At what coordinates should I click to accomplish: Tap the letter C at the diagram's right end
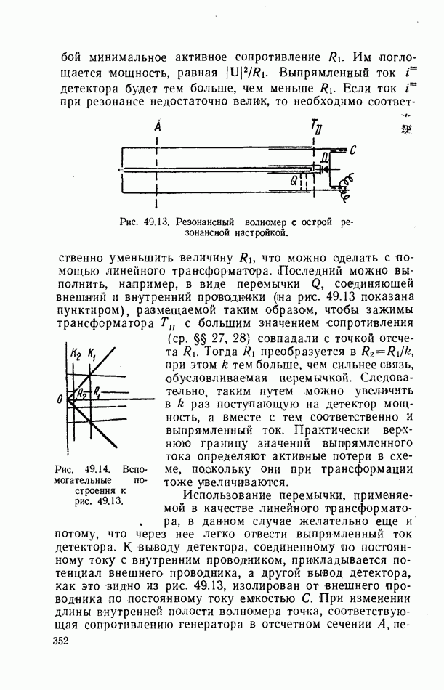(352, 150)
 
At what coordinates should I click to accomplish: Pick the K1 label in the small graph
(92, 354)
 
